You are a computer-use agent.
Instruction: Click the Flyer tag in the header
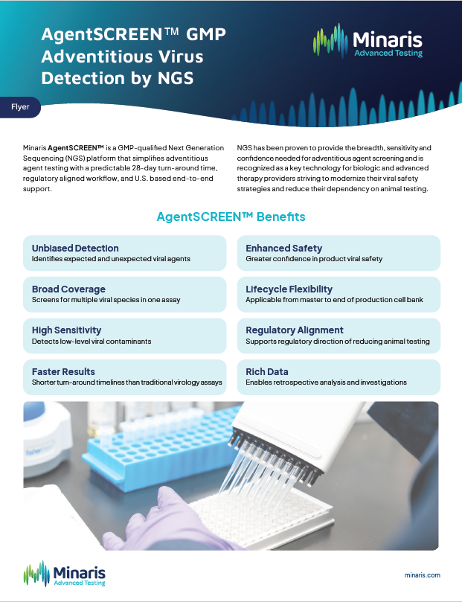pyautogui.click(x=20, y=106)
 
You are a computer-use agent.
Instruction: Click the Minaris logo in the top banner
pyautogui.click(x=368, y=41)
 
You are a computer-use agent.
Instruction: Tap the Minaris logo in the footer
pyautogui.click(x=64, y=574)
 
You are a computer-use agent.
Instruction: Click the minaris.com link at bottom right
pyautogui.click(x=422, y=575)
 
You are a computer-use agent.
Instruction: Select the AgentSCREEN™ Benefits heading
pyautogui.click(x=231, y=217)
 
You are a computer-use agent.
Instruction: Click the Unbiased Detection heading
pyautogui.click(x=75, y=248)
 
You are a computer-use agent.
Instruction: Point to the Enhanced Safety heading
pyautogui.click(x=284, y=248)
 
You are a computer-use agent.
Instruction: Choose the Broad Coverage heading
pyautogui.click(x=68, y=289)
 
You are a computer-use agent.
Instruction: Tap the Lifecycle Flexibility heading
pyautogui.click(x=289, y=289)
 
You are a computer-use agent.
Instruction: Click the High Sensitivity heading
pyautogui.click(x=66, y=330)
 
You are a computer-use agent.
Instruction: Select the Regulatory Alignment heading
pyautogui.click(x=295, y=330)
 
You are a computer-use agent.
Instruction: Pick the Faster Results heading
pyautogui.click(x=63, y=371)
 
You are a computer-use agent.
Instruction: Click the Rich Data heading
pyautogui.click(x=267, y=371)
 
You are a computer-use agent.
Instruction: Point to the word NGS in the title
pyautogui.click(x=176, y=78)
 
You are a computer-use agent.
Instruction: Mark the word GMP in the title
pyautogui.click(x=206, y=34)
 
